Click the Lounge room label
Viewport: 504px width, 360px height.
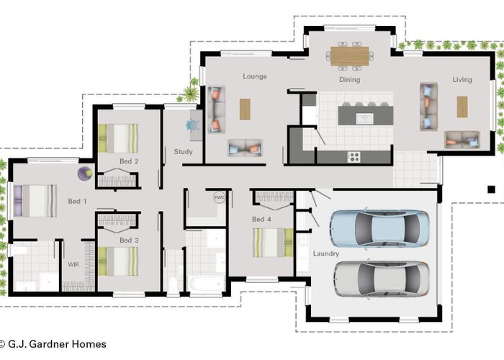255,76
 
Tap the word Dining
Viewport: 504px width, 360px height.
350,80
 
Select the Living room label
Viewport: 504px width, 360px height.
462,80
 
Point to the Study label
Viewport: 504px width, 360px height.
183,152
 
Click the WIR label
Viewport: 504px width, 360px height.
73,265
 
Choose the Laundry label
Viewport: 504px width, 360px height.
325,254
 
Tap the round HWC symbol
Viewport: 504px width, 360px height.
219,197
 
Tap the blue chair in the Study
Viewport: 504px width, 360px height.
192,125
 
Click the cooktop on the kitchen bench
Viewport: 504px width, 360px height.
354,156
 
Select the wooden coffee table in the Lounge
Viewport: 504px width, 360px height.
245,109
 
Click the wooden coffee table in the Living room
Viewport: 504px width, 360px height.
462,107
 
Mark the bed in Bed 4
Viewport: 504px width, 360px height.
273,243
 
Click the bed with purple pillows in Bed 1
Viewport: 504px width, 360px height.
35,201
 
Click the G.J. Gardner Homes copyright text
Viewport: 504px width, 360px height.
53,344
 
